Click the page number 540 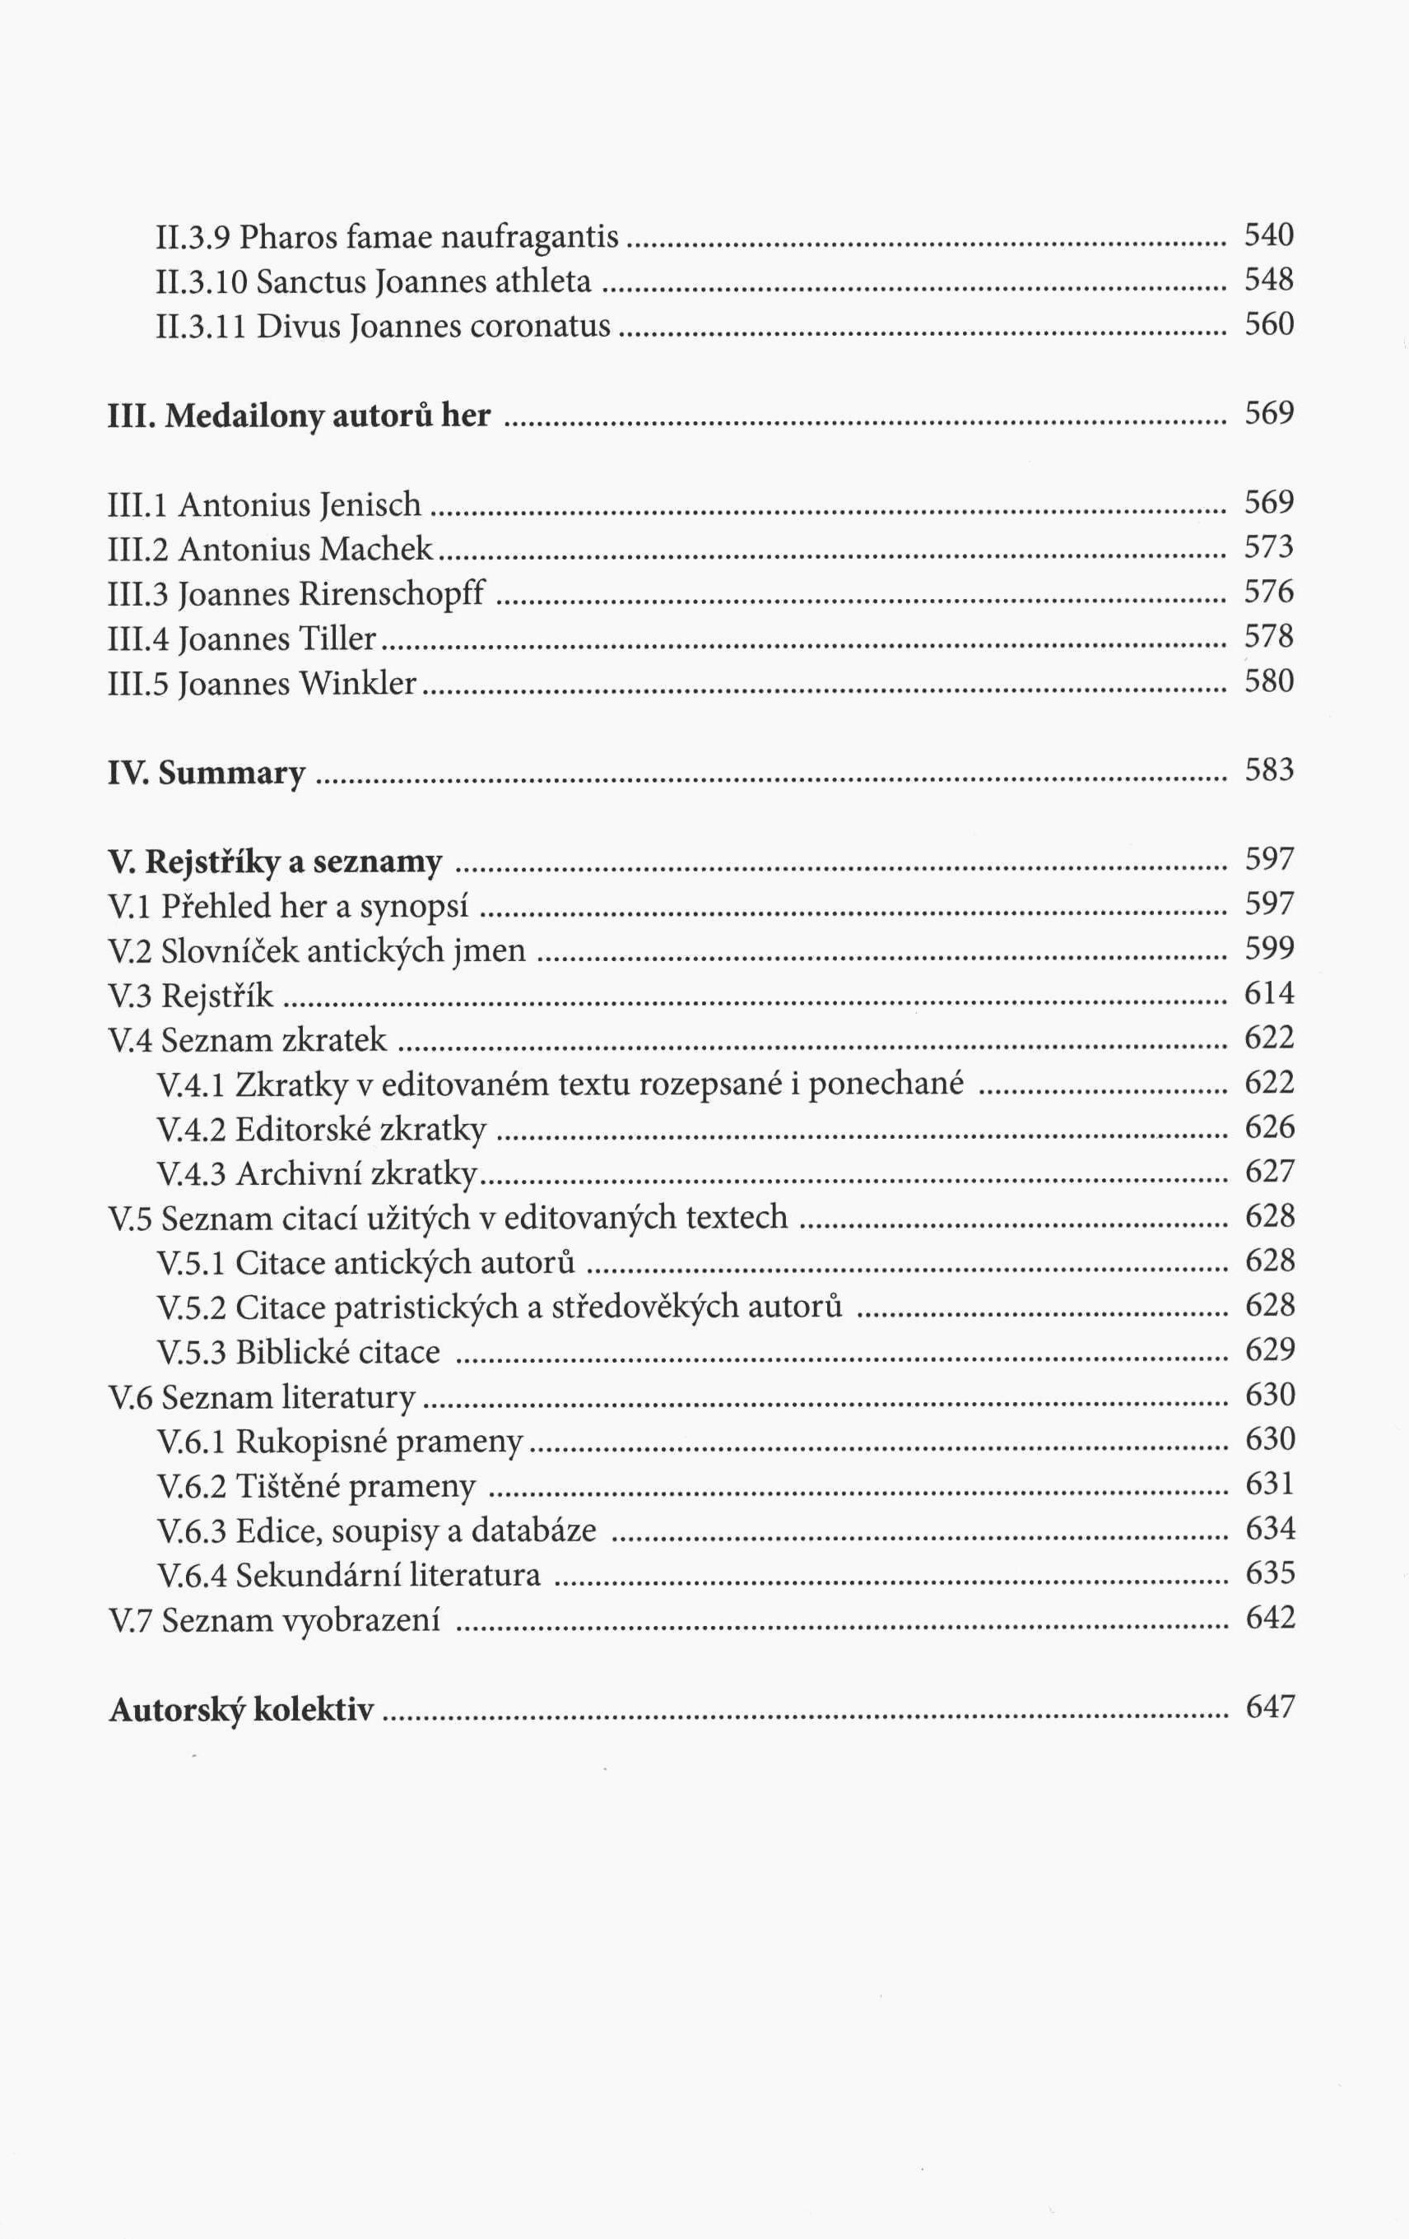pyautogui.click(x=1268, y=235)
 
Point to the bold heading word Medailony pyautogui.click(x=244, y=416)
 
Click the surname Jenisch pyautogui.click(x=370, y=505)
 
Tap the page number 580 pyautogui.click(x=1268, y=681)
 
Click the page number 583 pyautogui.click(x=1268, y=771)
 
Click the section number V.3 pyautogui.click(x=130, y=996)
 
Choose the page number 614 pyautogui.click(x=1268, y=994)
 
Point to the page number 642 pyautogui.click(x=1269, y=1618)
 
